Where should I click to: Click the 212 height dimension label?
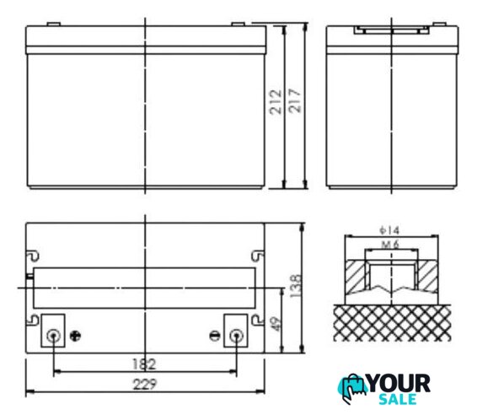[276, 102]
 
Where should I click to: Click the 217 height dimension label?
[295, 100]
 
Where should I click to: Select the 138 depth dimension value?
[296, 286]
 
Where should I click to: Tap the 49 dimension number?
[275, 324]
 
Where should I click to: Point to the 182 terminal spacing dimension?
[144, 364]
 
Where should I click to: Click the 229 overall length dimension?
[145, 385]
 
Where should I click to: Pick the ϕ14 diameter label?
[389, 230]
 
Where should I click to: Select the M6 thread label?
[390, 244]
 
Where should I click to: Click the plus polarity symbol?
[75, 336]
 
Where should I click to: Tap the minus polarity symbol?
[215, 336]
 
